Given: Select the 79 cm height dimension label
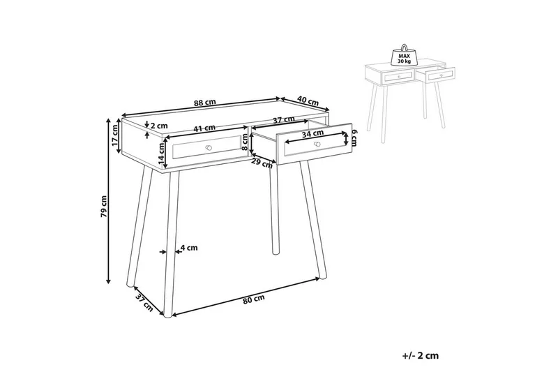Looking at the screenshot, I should [103, 207].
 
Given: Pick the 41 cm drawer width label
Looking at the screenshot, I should [204, 128].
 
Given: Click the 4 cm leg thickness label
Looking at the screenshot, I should [189, 247].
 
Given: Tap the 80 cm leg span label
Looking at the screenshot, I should [254, 300].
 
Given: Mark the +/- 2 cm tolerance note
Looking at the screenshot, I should [421, 356].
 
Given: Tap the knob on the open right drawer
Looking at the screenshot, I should [317, 144].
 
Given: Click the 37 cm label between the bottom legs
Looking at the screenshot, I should [144, 302].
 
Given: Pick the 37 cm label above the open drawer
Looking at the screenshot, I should [282, 121].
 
